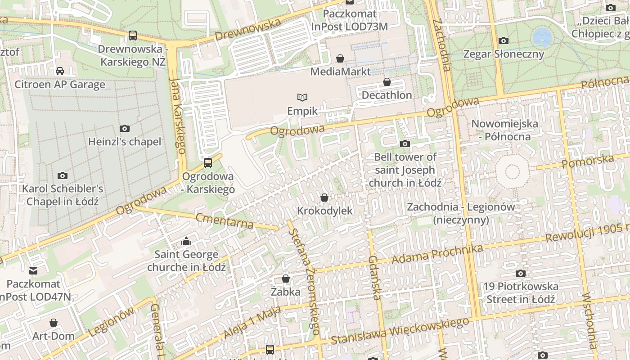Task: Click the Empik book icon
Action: (302, 97)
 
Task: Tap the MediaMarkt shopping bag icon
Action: (340, 58)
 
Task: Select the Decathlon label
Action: (387, 95)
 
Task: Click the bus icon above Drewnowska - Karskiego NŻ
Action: (132, 35)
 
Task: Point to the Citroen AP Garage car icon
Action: (60, 71)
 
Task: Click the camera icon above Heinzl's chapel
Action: (125, 128)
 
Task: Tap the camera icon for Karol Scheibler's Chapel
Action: (63, 175)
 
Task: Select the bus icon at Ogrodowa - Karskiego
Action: (207, 162)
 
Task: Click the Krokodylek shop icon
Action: (324, 198)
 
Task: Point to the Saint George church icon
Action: (186, 242)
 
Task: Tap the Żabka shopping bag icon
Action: (285, 279)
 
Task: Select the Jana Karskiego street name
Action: (179, 116)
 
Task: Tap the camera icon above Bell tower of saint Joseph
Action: (405, 144)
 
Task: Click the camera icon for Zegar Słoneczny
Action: (504, 40)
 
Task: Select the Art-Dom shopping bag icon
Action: (54, 323)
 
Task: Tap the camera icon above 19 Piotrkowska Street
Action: (520, 273)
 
